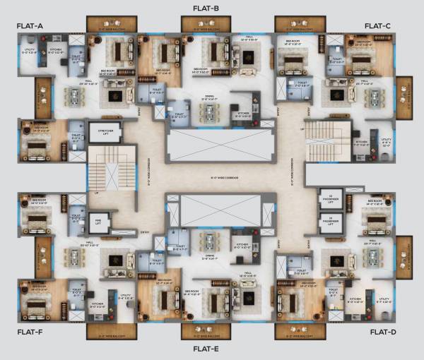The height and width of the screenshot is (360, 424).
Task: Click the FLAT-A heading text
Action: point(30,26)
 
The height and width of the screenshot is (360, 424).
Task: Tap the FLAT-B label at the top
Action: point(206,8)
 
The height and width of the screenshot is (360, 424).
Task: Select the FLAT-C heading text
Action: point(377,26)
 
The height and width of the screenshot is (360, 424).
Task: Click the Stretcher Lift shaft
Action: point(104,131)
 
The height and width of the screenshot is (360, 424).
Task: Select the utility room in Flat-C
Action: point(386,143)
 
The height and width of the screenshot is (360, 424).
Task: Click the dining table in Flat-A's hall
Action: point(74,95)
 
